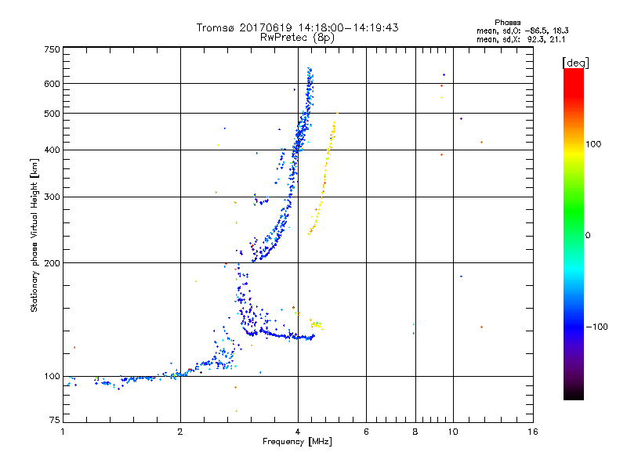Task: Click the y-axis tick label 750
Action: (x=52, y=49)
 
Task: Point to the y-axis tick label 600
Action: (x=52, y=84)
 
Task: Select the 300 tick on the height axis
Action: (x=52, y=197)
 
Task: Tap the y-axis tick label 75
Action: (x=54, y=421)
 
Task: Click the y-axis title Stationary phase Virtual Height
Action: (x=34, y=234)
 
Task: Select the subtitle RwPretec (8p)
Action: (x=297, y=37)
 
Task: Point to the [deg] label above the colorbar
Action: (x=576, y=62)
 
